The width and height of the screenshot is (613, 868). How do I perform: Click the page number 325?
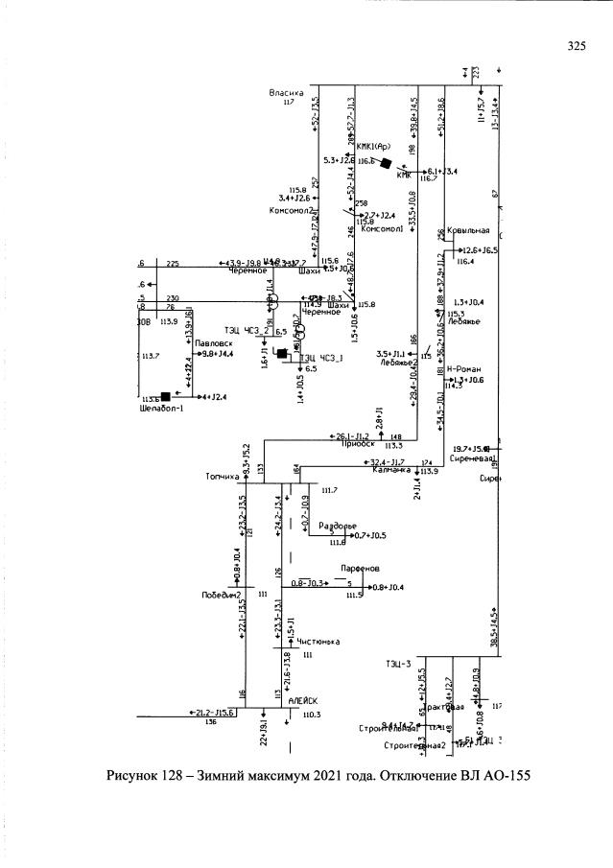click(576, 45)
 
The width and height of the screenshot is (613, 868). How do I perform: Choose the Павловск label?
click(213, 342)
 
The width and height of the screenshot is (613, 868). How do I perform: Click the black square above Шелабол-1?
click(165, 395)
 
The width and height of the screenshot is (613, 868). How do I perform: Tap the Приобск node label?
click(357, 444)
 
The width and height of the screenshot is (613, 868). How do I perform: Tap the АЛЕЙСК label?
click(303, 702)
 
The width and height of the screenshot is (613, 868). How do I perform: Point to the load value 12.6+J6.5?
click(481, 250)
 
